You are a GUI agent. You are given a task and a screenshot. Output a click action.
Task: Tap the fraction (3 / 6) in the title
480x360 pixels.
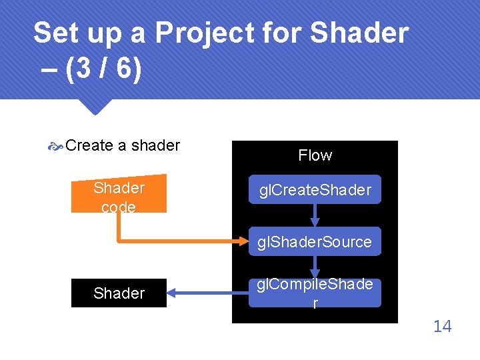click(104, 70)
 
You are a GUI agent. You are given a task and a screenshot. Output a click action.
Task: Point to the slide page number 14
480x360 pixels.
click(442, 326)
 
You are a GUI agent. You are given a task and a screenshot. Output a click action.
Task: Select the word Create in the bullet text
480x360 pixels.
click(89, 145)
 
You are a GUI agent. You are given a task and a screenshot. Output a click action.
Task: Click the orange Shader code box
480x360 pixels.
click(119, 197)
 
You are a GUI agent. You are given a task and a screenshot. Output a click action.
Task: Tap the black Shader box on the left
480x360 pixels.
click(119, 293)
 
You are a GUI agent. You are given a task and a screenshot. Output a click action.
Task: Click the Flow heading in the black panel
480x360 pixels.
click(315, 155)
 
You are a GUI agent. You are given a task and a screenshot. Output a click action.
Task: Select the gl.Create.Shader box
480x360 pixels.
click(315, 190)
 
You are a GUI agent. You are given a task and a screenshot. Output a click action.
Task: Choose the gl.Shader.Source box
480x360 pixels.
click(315, 241)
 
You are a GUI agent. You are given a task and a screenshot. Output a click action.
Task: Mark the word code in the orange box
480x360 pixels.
click(119, 207)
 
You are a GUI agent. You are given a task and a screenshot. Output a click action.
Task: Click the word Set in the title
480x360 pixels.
click(51, 32)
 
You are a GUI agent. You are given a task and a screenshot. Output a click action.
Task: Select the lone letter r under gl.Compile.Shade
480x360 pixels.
click(315, 303)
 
